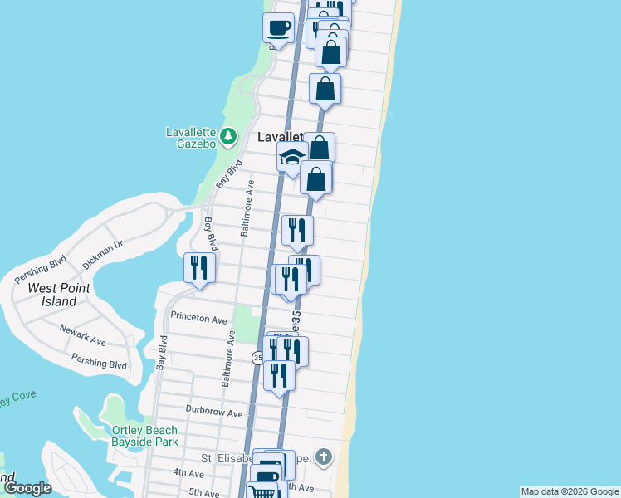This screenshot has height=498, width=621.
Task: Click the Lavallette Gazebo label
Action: coord(191,138)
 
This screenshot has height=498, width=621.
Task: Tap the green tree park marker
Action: coord(230,135)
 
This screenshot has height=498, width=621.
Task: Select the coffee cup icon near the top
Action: coord(278,27)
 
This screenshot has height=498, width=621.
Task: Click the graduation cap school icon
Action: coord(291,156)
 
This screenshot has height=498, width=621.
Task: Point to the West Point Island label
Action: coord(58,295)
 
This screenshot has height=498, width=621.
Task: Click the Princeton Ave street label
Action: coord(198,318)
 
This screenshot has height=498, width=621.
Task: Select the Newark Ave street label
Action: coord(82,334)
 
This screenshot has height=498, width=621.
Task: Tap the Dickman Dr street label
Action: coord(102,255)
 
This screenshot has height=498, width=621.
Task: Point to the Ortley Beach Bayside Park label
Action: coord(144,436)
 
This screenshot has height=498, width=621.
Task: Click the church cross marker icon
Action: coord(324,456)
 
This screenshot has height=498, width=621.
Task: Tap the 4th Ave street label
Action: coord(188,473)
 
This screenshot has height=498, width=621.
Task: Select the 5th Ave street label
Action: coord(203,492)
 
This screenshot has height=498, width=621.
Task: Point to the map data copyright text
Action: coord(570,491)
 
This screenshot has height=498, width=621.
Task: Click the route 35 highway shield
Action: coord(257,357)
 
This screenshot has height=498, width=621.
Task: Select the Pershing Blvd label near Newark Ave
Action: coord(99,364)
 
